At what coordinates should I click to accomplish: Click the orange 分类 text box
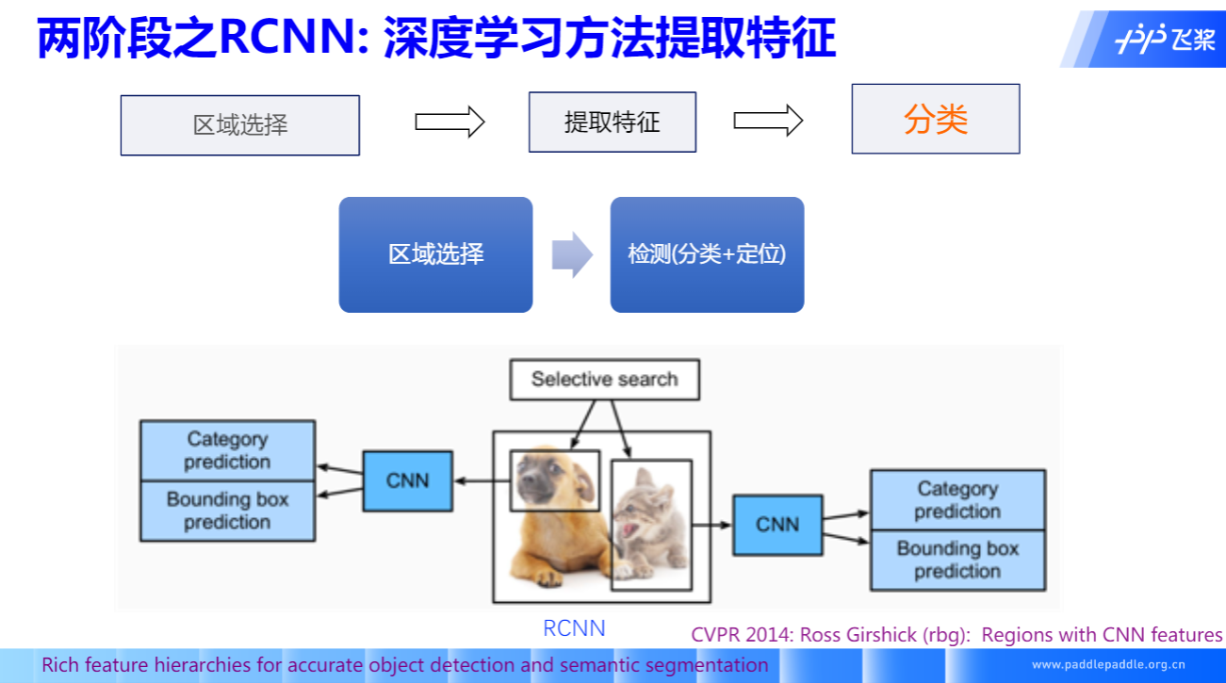click(x=935, y=119)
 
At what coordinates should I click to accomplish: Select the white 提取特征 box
click(x=612, y=122)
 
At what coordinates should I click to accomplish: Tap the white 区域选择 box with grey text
click(x=239, y=125)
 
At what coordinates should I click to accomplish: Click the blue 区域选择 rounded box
click(x=435, y=254)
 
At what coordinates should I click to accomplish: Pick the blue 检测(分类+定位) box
click(x=707, y=254)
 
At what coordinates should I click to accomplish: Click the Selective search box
click(x=604, y=380)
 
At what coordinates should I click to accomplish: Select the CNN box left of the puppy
click(x=407, y=480)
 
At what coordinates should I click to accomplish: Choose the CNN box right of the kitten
click(x=776, y=525)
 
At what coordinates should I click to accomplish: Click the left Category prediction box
click(x=227, y=450)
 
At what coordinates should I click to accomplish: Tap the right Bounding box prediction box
click(x=957, y=561)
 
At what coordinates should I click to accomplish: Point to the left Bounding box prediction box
click(x=227, y=511)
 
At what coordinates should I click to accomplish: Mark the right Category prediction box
click(x=957, y=500)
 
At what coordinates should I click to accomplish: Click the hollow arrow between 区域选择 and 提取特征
click(x=450, y=122)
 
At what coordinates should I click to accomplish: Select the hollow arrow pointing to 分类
click(x=768, y=120)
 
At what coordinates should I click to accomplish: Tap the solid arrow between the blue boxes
click(x=571, y=254)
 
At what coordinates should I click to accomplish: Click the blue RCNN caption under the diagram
click(x=574, y=628)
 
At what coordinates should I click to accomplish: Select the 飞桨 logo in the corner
click(x=1165, y=41)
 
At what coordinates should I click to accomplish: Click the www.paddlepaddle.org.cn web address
click(x=1108, y=664)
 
